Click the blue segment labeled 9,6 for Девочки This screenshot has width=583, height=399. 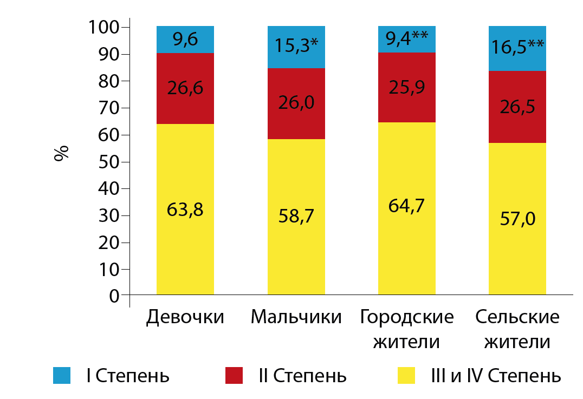[185, 40]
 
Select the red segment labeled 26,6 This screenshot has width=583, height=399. [185, 88]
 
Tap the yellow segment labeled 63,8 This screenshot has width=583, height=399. [185, 209]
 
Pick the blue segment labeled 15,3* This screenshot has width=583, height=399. [296, 47]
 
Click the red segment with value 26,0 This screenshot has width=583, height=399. [296, 103]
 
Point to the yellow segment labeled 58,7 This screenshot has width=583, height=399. [296, 217]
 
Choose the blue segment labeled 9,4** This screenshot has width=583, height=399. [407, 40]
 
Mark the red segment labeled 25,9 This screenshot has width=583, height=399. [407, 87]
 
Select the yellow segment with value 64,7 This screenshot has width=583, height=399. [407, 208]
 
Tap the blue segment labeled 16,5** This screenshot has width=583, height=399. [517, 49]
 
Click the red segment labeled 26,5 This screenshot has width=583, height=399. [517, 107]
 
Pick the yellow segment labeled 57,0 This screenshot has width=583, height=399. [517, 219]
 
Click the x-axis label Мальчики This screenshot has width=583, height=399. [296, 317]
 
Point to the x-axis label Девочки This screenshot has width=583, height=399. [185, 317]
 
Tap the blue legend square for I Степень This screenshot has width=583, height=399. [62, 375]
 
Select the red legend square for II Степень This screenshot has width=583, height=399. [234, 375]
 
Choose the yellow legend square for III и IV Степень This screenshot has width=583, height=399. [406, 375]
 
